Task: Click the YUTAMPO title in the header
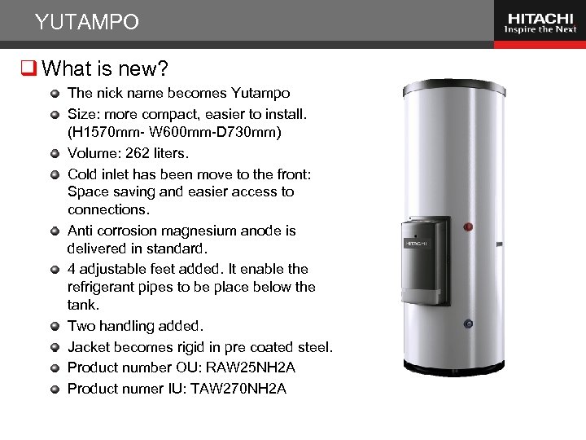click(x=87, y=22)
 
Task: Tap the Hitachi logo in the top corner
click(x=540, y=22)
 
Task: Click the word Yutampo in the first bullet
click(x=260, y=93)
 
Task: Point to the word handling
click(x=132, y=326)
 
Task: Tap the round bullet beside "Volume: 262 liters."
click(x=55, y=153)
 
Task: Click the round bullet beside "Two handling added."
click(x=55, y=326)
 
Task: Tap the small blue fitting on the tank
click(x=468, y=324)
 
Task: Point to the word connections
click(x=106, y=210)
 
